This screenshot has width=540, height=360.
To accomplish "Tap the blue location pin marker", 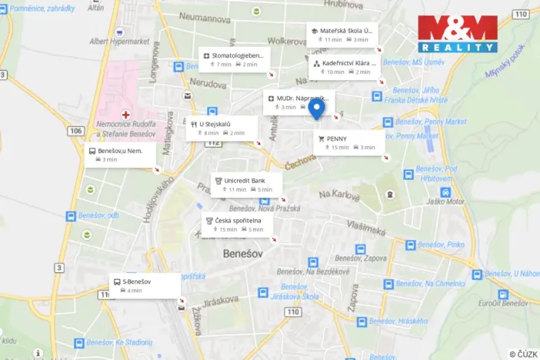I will [x=315, y=110].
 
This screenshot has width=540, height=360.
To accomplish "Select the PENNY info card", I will [x=350, y=142].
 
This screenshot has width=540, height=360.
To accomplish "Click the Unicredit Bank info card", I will [x=246, y=184].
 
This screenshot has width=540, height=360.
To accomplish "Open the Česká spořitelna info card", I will [x=238, y=224].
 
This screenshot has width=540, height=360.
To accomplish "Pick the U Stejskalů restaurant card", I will [x=220, y=128].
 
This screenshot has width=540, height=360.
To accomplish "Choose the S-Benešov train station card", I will [x=145, y=285].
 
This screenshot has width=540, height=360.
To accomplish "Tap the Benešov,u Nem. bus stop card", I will [x=121, y=155].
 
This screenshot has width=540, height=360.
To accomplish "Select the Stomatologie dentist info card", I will [x=235, y=59].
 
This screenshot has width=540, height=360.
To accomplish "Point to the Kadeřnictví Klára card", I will [x=345, y=67].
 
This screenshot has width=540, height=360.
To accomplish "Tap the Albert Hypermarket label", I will [x=120, y=42].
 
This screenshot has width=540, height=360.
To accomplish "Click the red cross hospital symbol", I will [x=125, y=114].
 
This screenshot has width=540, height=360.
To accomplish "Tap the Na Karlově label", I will [x=339, y=195].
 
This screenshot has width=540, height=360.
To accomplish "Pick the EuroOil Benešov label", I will [x=502, y=303].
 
